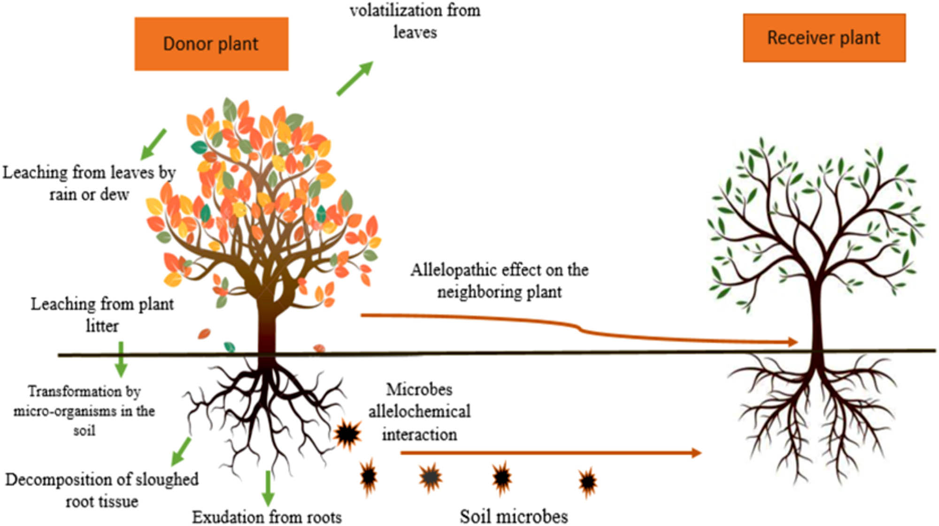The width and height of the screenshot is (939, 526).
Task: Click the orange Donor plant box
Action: [211, 44]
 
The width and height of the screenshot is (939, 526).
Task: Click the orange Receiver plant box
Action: [824, 38]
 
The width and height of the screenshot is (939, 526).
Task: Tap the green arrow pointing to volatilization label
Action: [354, 78]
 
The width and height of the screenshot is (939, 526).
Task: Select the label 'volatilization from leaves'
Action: [415, 21]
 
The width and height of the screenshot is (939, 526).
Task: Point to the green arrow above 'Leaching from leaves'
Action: [154, 144]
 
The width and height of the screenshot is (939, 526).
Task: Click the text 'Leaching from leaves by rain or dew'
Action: [89, 183]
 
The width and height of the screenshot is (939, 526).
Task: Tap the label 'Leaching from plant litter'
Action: [102, 314]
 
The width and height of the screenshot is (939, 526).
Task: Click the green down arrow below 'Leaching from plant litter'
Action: [121, 359]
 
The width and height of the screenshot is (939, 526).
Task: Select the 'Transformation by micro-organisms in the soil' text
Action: [84, 411]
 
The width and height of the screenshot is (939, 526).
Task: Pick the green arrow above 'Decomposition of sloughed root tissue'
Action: [181, 451]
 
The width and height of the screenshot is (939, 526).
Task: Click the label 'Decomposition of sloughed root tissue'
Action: [102, 490]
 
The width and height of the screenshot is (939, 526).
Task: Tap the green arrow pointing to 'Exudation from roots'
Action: [268, 488]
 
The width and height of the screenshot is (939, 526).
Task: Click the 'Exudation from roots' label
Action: [267, 517]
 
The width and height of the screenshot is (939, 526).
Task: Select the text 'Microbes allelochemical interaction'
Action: [419, 412]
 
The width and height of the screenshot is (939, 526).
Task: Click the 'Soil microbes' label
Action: [514, 516]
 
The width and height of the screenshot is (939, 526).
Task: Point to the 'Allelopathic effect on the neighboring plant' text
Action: [500, 281]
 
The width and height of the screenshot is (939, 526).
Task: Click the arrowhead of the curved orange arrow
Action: [793, 342]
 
